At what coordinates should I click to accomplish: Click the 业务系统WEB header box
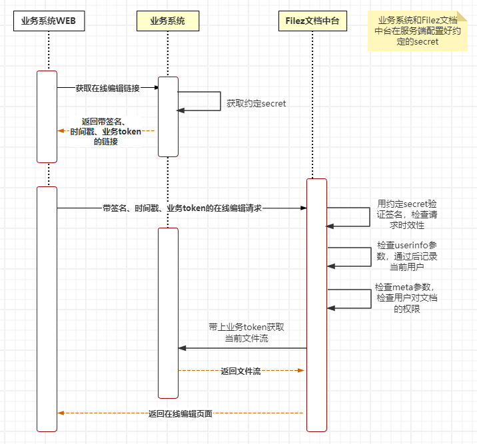(49, 21)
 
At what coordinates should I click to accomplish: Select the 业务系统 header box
(168, 21)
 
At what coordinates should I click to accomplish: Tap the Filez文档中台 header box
(312, 21)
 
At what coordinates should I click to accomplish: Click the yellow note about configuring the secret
(418, 31)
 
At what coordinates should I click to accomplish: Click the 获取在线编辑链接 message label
(107, 88)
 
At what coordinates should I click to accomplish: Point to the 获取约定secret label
(256, 104)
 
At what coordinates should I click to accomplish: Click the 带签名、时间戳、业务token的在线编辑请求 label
(182, 208)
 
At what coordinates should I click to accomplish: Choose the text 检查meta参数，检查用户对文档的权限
(406, 298)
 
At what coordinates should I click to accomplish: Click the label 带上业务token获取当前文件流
(246, 333)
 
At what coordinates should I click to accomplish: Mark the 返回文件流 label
(240, 371)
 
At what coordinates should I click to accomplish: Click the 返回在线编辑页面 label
(180, 413)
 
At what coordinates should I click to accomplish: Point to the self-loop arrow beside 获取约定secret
(219, 101)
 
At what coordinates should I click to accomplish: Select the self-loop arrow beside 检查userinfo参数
(368, 257)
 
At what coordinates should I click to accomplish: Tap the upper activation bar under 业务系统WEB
(47, 116)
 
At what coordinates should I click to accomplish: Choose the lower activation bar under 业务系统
(168, 313)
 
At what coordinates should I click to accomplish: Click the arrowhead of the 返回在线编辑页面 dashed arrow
(61, 413)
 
